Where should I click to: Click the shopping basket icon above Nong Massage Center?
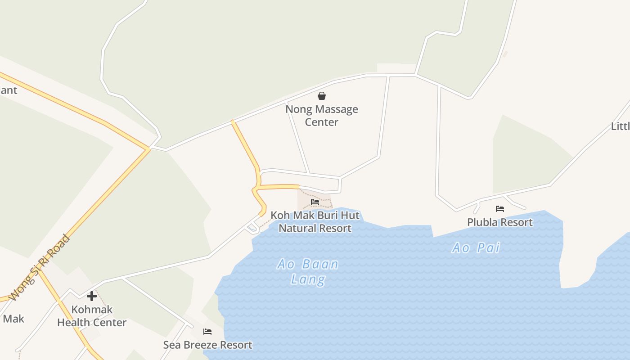pos(322,96)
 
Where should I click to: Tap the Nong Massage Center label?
pos(322,116)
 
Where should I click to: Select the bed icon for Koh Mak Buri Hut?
pos(315,202)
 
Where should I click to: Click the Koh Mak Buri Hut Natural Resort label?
pos(315,222)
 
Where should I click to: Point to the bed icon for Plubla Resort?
pos(500,209)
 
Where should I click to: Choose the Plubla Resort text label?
pos(500,222)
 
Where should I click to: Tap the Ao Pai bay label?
pos(476,248)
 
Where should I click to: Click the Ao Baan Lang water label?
pos(308,272)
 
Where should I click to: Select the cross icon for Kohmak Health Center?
pos(92,296)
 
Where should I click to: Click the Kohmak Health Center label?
pos(92,316)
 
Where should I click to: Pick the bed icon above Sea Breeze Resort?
pos(207,332)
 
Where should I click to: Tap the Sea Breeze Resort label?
pos(207,345)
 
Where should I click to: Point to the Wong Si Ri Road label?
pos(40,268)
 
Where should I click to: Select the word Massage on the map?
pos(336,109)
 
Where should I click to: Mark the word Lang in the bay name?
pos(308,279)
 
